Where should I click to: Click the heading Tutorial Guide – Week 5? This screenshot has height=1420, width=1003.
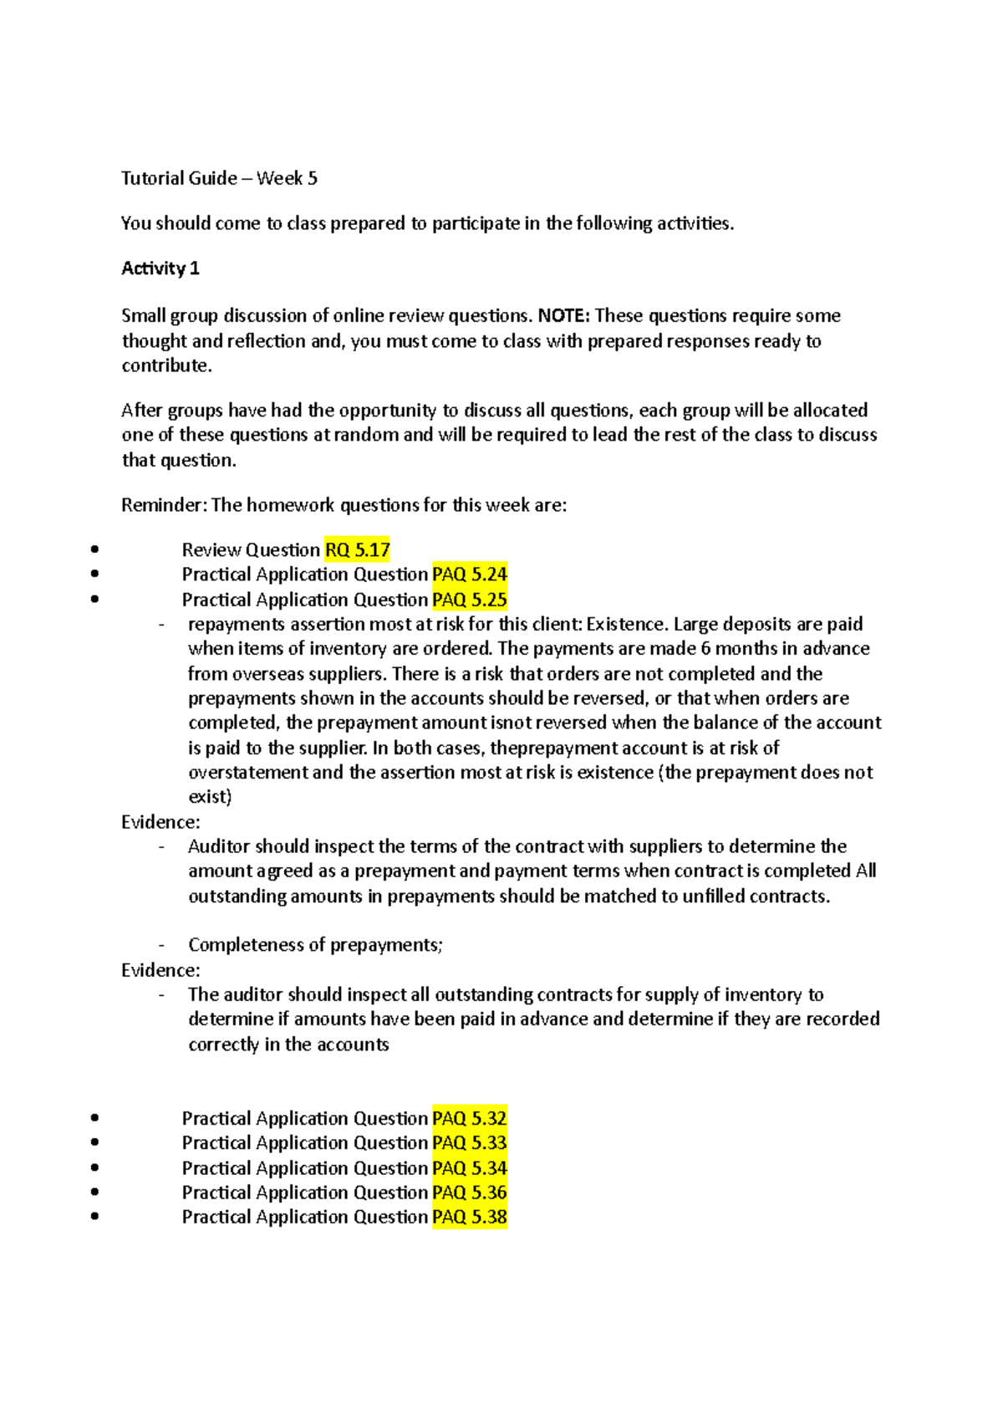pos(219,178)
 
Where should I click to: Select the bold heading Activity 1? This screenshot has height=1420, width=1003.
pos(160,268)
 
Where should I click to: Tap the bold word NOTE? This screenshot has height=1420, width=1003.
pos(563,316)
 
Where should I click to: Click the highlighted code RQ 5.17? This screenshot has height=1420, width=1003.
pos(358,550)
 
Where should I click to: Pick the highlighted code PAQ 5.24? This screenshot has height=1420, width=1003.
pos(470,575)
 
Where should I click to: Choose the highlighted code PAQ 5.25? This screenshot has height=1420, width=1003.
pos(470,600)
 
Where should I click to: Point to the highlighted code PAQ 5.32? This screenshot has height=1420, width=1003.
pos(470,1118)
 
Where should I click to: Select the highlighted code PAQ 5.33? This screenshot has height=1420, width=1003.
pos(470,1143)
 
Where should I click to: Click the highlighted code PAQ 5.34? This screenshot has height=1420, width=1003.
pos(470,1168)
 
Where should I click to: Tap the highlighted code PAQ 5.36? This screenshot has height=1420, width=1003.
pos(470,1193)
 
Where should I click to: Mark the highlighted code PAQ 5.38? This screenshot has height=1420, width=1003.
pos(470,1217)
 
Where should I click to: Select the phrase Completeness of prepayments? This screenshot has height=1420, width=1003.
pos(315,945)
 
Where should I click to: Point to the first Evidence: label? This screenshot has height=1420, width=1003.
pos(160,822)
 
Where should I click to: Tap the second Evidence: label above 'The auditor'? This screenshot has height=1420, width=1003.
pos(160,970)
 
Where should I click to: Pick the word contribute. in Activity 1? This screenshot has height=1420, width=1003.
pos(167,365)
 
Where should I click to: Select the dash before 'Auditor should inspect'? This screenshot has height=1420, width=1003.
pos(161,846)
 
